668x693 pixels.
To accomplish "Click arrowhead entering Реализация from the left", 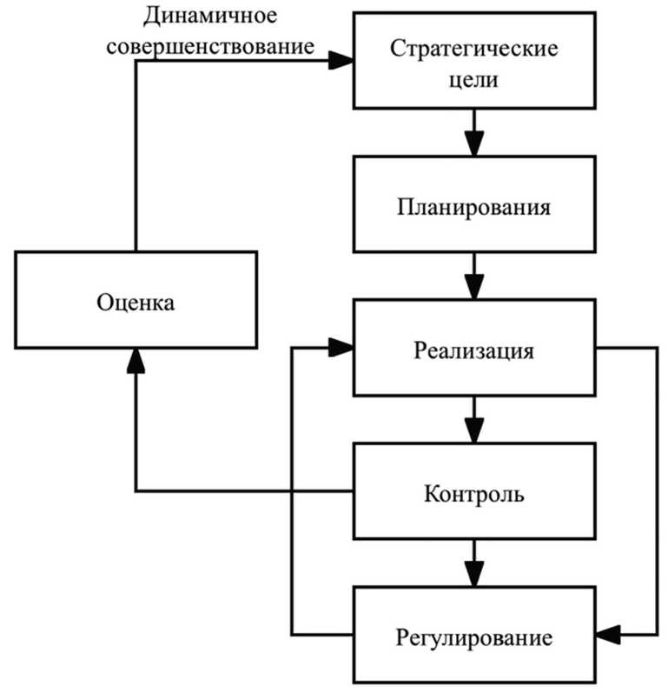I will point(342,348).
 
